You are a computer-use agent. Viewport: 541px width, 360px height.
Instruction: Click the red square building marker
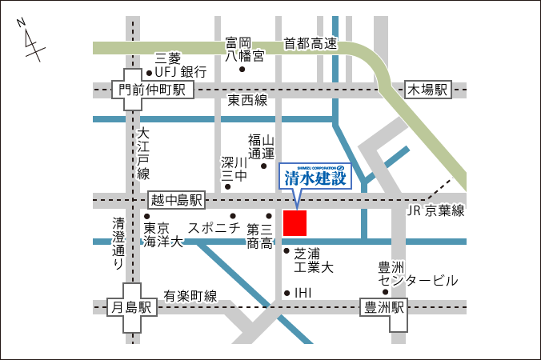pos(295,223)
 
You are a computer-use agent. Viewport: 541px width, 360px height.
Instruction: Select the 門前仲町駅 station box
pos(152,90)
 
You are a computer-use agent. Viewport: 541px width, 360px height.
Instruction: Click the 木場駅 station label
pos(429,90)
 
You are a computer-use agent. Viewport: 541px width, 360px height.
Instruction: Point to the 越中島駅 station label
pos(177,199)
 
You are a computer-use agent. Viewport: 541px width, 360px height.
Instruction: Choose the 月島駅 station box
pos(132,307)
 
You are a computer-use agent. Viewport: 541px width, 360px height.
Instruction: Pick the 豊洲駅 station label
pos(384,307)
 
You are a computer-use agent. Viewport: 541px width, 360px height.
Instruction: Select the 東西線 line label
pos(247,101)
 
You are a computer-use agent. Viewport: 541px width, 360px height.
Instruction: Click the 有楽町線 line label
pos(190,296)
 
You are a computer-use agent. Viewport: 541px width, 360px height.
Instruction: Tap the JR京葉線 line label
pos(435,211)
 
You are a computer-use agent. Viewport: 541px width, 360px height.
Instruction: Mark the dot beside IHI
pos(287,293)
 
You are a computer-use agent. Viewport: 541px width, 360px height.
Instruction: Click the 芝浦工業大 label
pos(313,259)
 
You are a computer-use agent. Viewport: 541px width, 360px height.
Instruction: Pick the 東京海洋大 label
pos(163,234)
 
